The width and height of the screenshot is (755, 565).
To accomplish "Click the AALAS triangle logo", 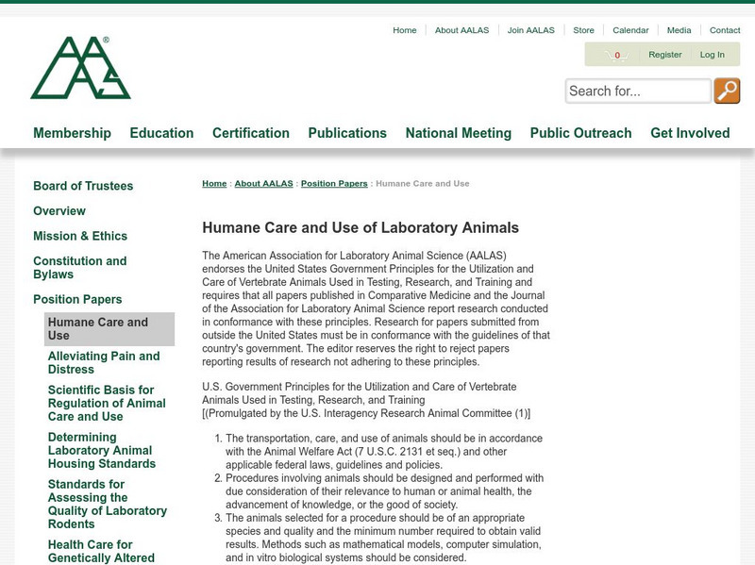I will [80, 68].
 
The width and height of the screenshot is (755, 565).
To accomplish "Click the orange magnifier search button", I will [727, 91].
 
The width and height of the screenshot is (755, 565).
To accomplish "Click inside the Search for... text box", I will [638, 91].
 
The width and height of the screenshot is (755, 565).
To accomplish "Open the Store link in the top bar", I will [583, 30].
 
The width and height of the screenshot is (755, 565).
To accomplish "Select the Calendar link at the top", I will [630, 30].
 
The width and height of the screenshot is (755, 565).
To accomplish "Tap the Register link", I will [664, 55].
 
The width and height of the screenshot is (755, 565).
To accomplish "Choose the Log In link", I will [713, 55].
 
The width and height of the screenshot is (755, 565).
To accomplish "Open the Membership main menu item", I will [72, 133].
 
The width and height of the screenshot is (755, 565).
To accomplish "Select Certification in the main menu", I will [250, 133].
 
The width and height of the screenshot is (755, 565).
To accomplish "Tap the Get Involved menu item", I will [690, 133].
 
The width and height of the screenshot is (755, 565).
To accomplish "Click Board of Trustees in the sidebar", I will [83, 186].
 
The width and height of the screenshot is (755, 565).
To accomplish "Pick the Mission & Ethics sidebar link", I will [80, 236].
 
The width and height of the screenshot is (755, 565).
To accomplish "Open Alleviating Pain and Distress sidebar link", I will [104, 362].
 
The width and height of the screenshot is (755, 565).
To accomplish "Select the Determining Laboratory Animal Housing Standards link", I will [102, 450].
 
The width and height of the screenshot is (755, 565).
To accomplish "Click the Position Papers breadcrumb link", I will [334, 183].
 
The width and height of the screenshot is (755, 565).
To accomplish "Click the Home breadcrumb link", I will [214, 183].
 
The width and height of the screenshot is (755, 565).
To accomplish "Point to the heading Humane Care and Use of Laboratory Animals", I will [361, 227].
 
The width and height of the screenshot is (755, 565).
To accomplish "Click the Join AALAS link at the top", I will [529, 30].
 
